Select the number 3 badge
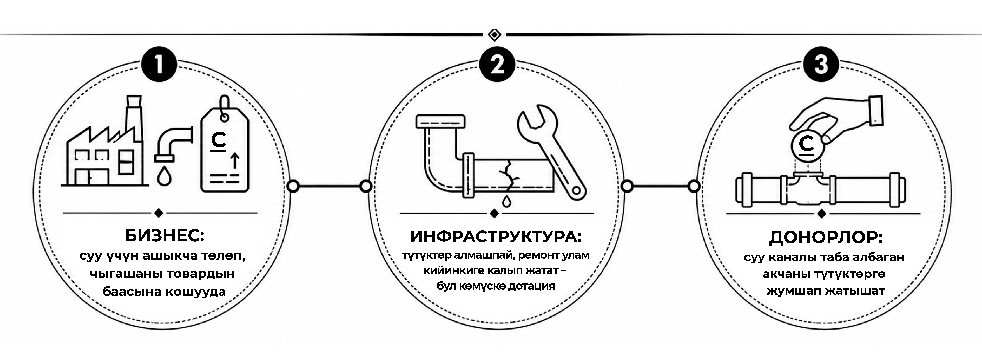point(821,65)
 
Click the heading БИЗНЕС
point(165,236)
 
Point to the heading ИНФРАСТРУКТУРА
point(496,237)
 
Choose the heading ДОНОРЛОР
point(826,238)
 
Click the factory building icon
point(105,141)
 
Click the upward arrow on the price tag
point(235,160)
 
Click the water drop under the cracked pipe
point(506,201)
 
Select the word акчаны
point(786,274)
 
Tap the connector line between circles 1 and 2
point(329,186)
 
